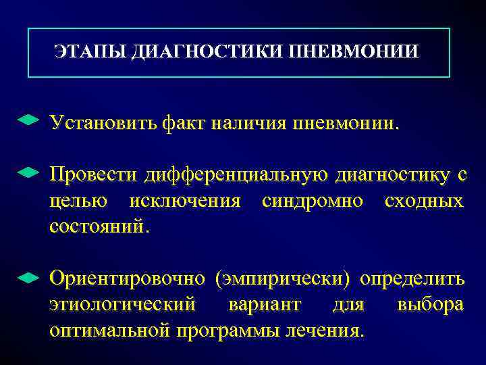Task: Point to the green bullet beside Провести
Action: pyautogui.click(x=27, y=173)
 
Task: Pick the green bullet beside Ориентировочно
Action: pyautogui.click(x=27, y=277)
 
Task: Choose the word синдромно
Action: pyautogui.click(x=313, y=201)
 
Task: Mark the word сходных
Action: pyautogui.click(x=423, y=201)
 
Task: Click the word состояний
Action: pyautogui.click(x=97, y=226)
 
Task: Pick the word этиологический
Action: pyautogui.click(x=122, y=305)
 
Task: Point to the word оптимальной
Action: pyautogui.click(x=110, y=331)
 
